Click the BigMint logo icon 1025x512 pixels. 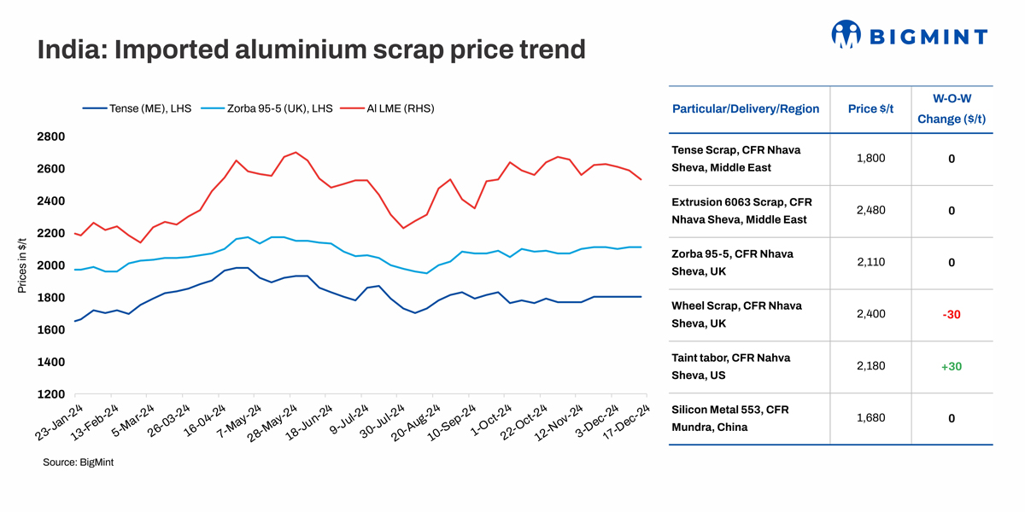[846, 34]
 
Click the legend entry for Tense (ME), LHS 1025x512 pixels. [137, 108]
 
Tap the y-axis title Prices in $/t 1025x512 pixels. [22, 265]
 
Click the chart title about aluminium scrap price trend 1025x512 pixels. [311, 49]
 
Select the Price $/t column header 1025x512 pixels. [870, 108]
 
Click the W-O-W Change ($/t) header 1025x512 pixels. [952, 109]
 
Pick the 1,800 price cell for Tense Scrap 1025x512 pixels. [870, 159]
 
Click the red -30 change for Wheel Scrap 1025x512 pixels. [952, 314]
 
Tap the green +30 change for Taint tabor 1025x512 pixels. [952, 366]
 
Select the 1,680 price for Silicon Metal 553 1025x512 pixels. [870, 418]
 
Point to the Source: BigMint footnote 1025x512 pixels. [79, 462]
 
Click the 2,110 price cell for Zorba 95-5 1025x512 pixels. [870, 262]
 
